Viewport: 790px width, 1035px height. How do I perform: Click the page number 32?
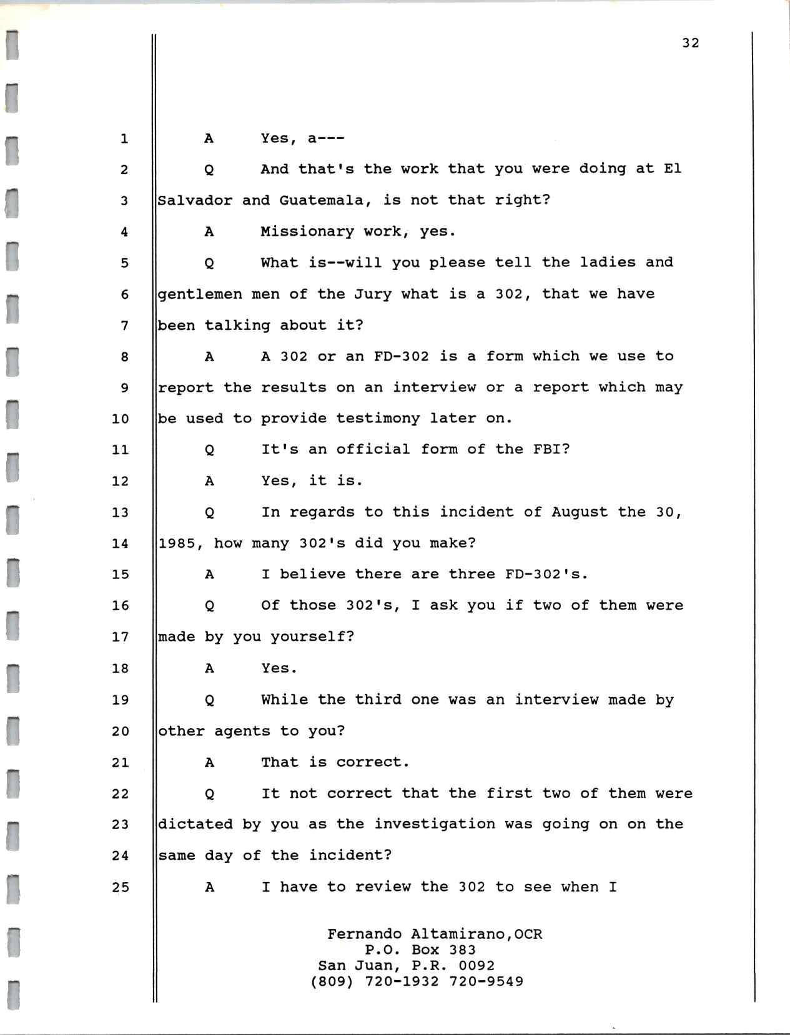coord(690,43)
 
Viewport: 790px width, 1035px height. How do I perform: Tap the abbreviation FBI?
coord(551,450)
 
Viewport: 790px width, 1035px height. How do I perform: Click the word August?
coord(580,512)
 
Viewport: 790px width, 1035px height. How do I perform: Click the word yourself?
coord(312,637)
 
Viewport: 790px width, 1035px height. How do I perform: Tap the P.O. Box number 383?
coord(462,950)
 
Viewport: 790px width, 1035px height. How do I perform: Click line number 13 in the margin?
coord(120,512)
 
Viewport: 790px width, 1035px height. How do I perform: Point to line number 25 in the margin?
coord(120,887)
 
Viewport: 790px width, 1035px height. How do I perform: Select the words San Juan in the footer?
coord(352,966)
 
